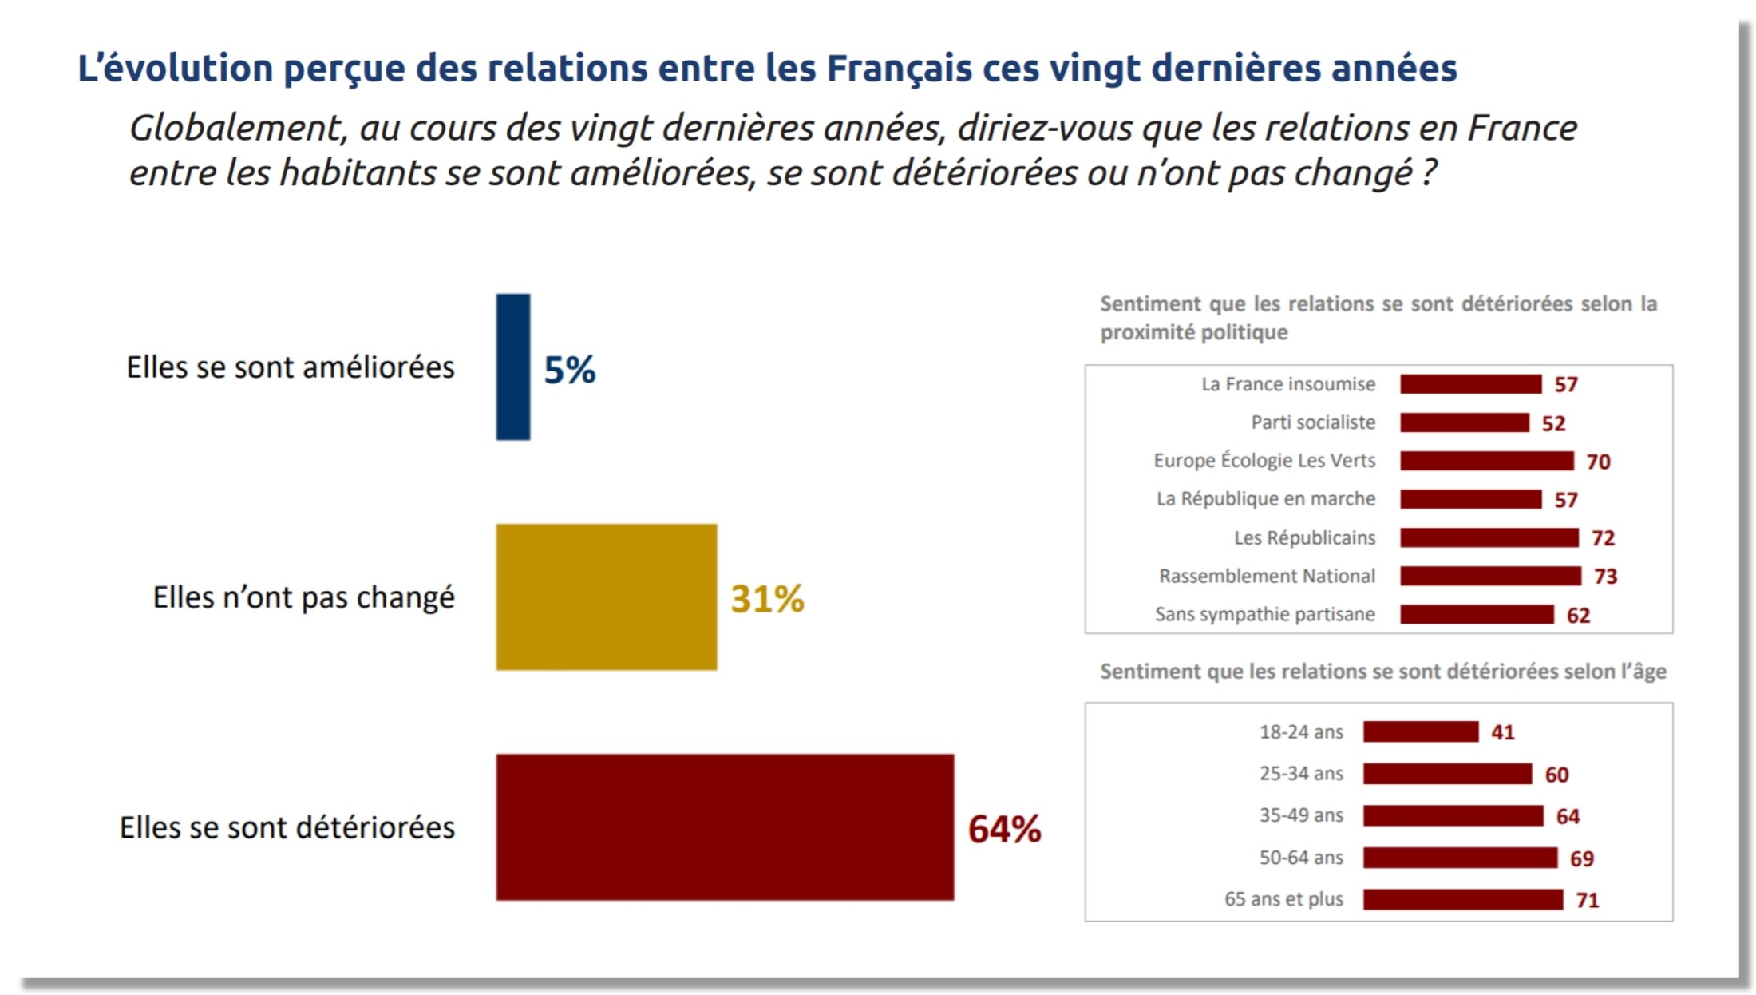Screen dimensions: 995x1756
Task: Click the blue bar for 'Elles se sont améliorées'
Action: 513,367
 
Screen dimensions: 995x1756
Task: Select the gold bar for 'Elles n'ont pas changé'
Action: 607,597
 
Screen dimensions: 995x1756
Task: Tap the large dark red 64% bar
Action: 725,827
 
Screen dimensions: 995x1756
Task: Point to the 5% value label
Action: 570,370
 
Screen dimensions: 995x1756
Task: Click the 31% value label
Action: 767,599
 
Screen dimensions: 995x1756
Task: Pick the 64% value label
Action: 1004,829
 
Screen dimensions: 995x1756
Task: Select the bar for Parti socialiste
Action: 1465,422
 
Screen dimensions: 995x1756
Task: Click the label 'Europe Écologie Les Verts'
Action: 1264,461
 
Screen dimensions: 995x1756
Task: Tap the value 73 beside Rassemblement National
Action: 1605,577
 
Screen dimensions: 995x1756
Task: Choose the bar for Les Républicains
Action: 1489,537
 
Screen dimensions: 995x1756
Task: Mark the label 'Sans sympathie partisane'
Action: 1264,614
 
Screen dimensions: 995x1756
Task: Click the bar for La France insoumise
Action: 1471,384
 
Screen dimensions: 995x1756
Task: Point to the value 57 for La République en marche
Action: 1565,500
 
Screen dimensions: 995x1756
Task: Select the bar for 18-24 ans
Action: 1421,731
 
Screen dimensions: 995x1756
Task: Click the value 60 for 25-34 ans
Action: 1556,775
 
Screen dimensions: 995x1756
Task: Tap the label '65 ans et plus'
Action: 1283,899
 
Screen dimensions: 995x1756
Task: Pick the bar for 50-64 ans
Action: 1460,858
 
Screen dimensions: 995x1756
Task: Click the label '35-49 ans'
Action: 1301,815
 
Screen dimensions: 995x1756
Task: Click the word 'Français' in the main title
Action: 899,69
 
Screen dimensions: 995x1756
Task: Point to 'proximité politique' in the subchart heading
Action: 1193,332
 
